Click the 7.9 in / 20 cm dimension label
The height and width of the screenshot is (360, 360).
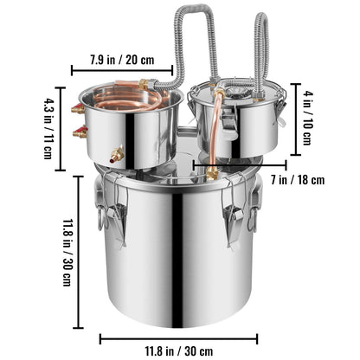[x=122, y=60]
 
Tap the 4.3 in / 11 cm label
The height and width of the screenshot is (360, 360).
[x=48, y=129]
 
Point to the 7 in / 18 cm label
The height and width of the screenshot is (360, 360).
[x=298, y=180]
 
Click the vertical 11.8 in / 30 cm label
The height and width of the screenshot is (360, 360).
[x=68, y=253]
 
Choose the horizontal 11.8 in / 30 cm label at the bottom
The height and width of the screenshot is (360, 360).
[x=179, y=351]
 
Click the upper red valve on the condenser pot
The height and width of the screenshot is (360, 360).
[x=78, y=108]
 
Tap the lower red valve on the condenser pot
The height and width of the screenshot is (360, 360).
[x=80, y=132]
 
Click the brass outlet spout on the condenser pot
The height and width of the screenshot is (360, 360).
[x=117, y=155]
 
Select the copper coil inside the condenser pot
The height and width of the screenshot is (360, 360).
[x=127, y=98]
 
